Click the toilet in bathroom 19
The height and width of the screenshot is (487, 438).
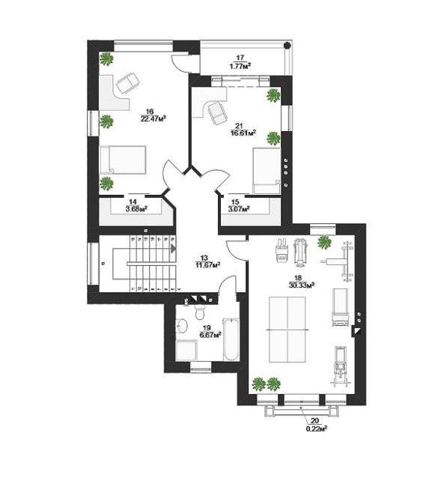click(x=200, y=312)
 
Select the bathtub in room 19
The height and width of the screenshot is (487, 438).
click(x=231, y=339)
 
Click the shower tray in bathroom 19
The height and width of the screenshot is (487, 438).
click(x=186, y=350)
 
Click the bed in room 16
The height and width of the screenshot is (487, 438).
click(x=123, y=160)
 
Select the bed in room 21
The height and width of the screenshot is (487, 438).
click(x=267, y=171)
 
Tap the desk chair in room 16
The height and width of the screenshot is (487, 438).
click(x=128, y=82)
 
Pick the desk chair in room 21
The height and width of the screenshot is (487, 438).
click(x=216, y=112)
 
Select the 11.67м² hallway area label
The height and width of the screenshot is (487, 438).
click(x=208, y=265)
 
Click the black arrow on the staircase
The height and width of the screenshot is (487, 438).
click(x=173, y=249)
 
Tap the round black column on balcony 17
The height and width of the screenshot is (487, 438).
click(x=288, y=45)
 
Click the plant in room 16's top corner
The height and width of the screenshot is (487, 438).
click(x=106, y=58)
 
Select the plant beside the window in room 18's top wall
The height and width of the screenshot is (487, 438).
click(x=324, y=242)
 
